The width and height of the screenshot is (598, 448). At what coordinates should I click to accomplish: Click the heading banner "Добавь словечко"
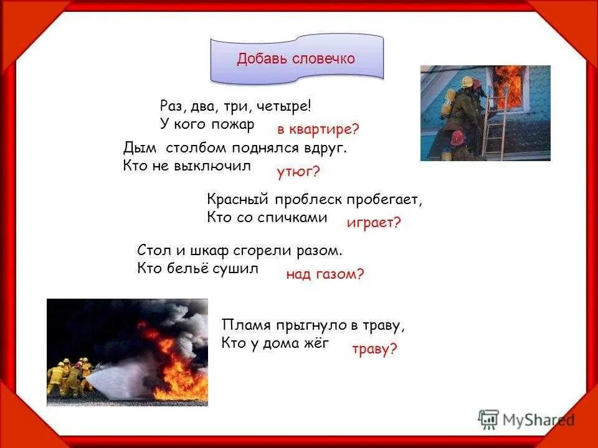(296, 59)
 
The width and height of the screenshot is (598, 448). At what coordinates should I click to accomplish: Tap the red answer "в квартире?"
(318, 130)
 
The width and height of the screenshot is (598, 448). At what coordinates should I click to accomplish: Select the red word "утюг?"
(298, 171)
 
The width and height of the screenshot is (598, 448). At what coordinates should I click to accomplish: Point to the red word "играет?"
(374, 223)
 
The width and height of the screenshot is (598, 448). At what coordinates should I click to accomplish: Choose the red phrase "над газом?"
(325, 274)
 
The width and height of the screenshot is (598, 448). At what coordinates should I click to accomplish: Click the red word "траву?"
(374, 350)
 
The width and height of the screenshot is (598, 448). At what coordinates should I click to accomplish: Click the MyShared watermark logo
(526, 419)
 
